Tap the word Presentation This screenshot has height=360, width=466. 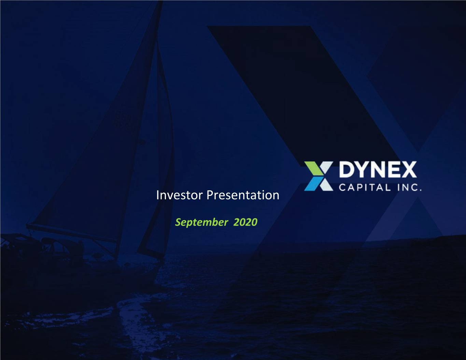243,196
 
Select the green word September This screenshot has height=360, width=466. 201,222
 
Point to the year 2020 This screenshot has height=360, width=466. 245,222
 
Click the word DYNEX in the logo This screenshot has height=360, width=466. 378,170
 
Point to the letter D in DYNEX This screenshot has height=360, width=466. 347,170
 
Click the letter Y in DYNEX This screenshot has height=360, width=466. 362,170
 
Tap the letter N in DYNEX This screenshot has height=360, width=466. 379,170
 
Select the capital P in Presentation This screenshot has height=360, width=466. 210,195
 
